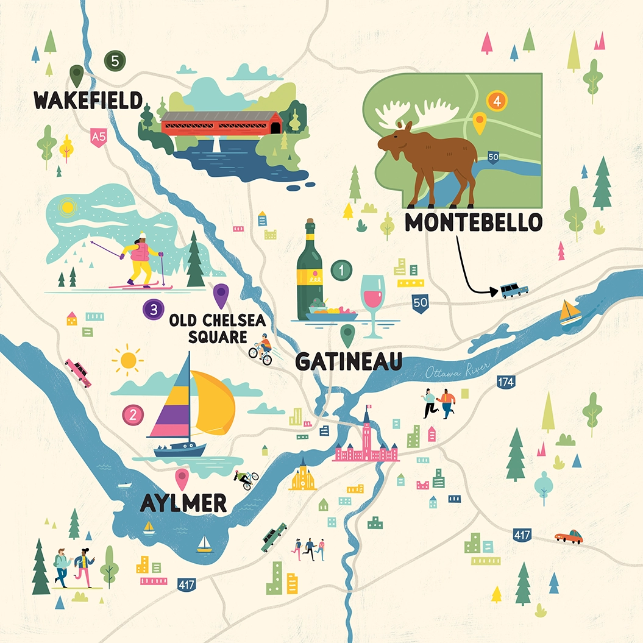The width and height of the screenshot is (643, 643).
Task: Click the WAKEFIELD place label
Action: point(88,100)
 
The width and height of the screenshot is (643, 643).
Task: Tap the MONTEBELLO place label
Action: point(474,222)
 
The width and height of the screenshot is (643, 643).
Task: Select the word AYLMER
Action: point(183,503)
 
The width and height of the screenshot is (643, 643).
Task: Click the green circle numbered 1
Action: point(342,269)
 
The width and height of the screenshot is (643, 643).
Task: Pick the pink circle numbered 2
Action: point(133,415)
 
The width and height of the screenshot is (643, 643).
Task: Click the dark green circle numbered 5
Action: point(115,60)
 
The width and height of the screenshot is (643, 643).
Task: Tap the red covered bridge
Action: point(221,123)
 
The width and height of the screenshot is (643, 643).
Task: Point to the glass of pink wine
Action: point(373,299)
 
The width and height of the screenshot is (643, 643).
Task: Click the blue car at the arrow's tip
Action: point(514,290)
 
